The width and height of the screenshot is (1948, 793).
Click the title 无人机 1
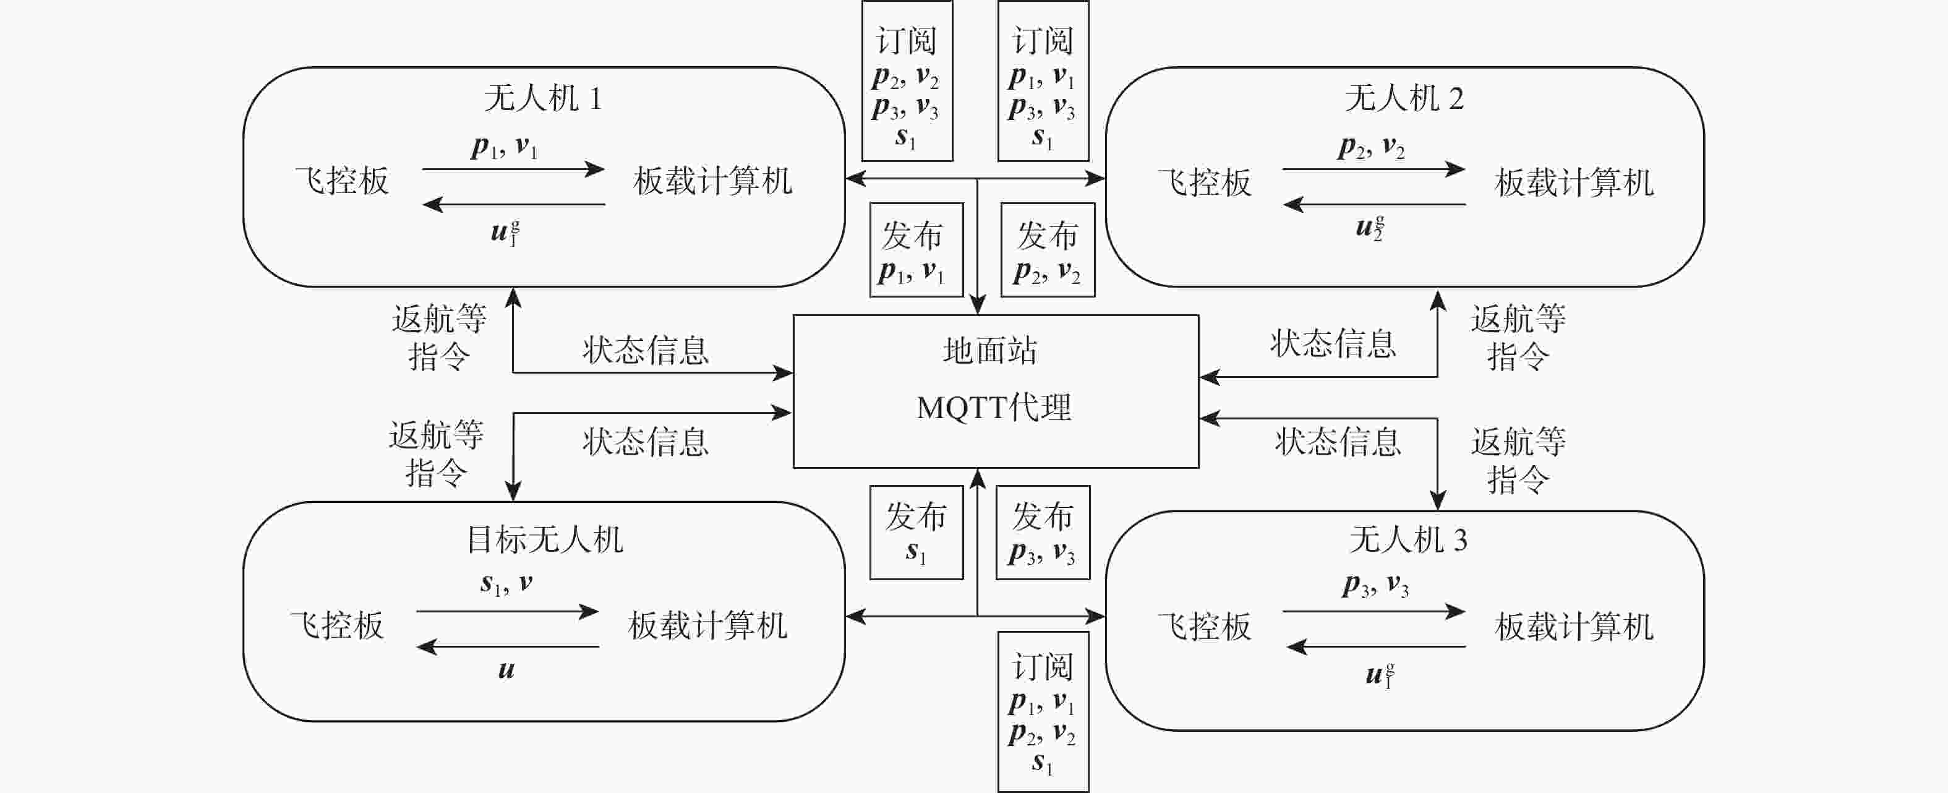[542, 98]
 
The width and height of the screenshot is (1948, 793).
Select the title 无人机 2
[1404, 98]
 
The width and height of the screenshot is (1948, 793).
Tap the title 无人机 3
[1408, 539]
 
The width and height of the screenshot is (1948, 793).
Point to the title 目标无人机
[544, 539]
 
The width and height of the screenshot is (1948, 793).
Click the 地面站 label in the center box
[990, 351]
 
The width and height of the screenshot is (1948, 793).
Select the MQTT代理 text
[994, 408]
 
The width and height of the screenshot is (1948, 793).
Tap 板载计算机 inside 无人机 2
[1574, 183]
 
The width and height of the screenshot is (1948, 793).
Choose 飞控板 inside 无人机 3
[1205, 627]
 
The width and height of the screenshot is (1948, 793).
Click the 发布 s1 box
[916, 533]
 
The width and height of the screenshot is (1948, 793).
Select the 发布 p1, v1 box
[916, 250]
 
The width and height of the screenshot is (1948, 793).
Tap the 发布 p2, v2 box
[1048, 250]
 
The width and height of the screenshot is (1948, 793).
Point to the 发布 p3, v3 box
[1043, 533]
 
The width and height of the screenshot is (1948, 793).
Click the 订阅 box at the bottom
[1043, 712]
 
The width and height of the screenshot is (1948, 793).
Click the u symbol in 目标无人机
[506, 670]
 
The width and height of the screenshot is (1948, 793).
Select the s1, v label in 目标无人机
[506, 583]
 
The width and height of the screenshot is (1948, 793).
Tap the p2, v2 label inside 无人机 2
[1371, 148]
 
